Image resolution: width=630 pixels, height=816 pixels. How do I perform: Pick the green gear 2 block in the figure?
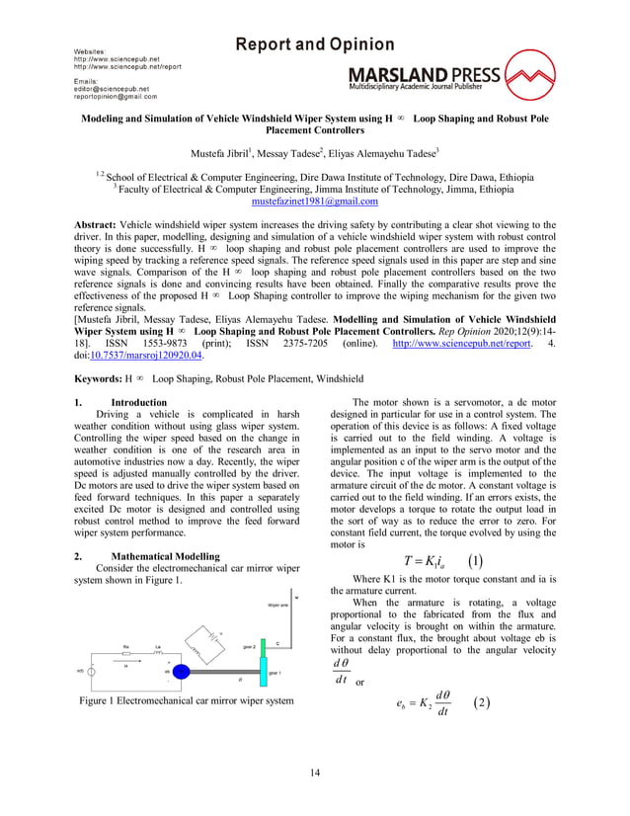252,645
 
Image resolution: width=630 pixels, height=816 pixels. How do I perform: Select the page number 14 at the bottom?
315,771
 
